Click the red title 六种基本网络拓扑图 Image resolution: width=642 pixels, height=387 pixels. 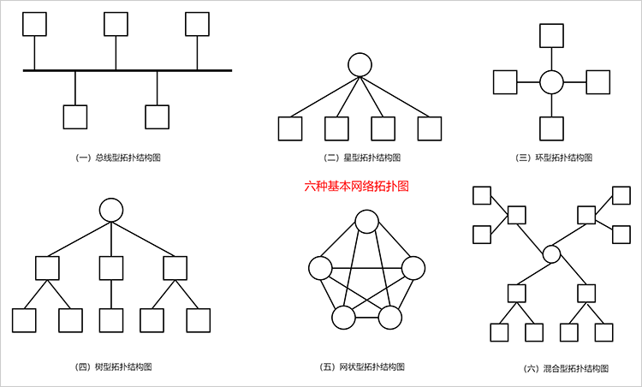[x=357, y=186]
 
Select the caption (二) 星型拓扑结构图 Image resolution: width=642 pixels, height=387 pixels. [x=362, y=158]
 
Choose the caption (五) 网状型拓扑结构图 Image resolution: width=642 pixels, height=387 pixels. [x=362, y=366]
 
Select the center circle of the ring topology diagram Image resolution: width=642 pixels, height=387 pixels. [x=552, y=82]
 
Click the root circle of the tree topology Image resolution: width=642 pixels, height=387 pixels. [x=110, y=209]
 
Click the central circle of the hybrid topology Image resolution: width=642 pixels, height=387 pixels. [x=552, y=253]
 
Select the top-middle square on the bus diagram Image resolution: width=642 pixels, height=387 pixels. [x=116, y=24]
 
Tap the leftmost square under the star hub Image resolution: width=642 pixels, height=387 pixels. [x=290, y=128]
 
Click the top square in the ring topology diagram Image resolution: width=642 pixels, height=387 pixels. [x=552, y=35]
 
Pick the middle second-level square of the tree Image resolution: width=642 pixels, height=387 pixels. [x=110, y=268]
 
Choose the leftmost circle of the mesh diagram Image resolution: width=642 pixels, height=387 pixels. [x=321, y=269]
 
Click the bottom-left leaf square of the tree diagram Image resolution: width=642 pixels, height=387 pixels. [x=23, y=320]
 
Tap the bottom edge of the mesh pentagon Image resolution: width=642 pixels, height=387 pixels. [x=366, y=318]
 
